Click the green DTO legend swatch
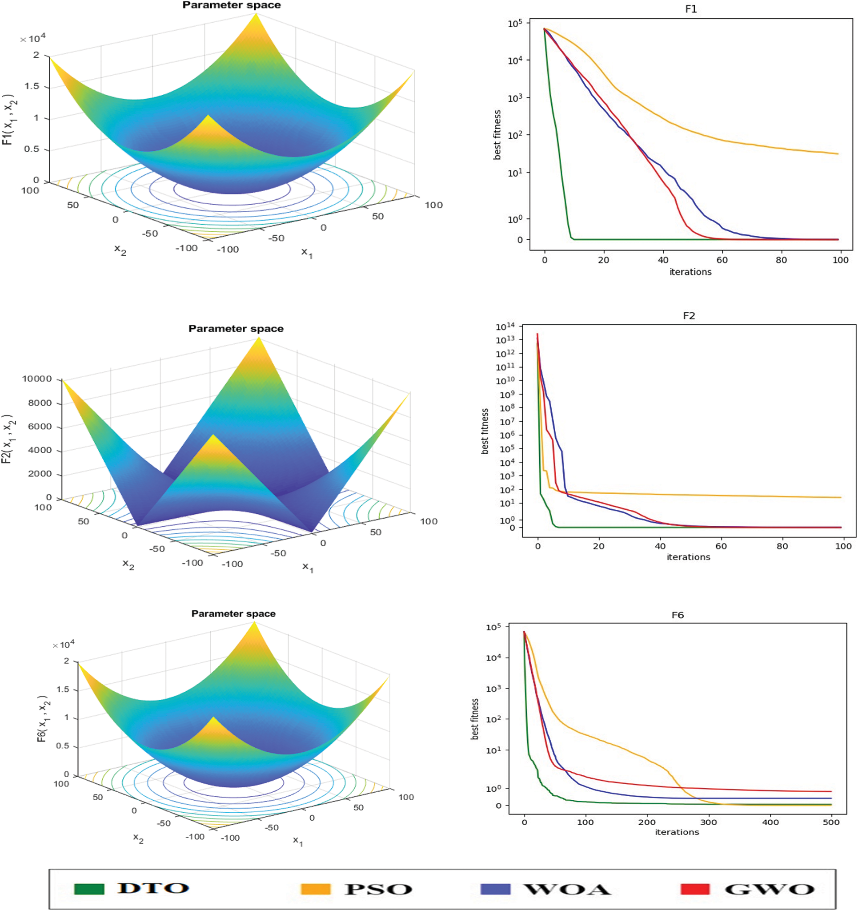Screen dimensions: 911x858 tap(89, 889)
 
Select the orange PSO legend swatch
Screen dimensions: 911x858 tap(315, 889)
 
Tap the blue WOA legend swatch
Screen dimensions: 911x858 tap(495, 889)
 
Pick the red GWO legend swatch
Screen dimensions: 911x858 tap(695, 889)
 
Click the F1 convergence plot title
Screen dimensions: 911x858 tap(691, 9)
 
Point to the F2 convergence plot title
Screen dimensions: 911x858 tap(689, 316)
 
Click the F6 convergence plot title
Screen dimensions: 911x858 tap(678, 615)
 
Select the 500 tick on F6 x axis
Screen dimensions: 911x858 tap(831, 822)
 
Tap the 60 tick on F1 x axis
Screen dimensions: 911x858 tap(722, 260)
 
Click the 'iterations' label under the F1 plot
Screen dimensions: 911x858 tap(690, 272)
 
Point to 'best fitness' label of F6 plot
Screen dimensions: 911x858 tap(475, 718)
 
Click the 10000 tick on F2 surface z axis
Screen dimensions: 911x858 tap(36, 379)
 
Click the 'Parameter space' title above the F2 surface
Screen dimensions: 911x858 tap(236, 329)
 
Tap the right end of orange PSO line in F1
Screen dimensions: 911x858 tap(838, 153)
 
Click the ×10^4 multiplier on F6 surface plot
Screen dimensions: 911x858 tap(63, 645)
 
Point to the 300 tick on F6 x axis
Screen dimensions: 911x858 tap(708, 822)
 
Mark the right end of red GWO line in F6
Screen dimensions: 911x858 tap(831, 791)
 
